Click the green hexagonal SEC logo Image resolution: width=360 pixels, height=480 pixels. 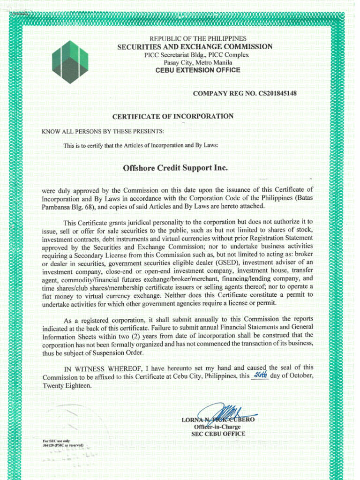[70, 62]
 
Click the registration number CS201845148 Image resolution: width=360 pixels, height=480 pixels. [274, 94]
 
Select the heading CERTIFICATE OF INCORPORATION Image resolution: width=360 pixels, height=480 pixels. [173, 116]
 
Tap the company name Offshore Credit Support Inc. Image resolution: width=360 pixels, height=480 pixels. [175, 168]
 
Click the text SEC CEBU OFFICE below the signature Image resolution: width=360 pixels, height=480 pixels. [218, 434]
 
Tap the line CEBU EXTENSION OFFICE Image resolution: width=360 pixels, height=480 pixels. [197, 70]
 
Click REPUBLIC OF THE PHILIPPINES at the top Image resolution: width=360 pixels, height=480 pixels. [198, 38]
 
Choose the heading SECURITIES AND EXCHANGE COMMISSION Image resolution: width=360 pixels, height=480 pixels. [195, 46]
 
